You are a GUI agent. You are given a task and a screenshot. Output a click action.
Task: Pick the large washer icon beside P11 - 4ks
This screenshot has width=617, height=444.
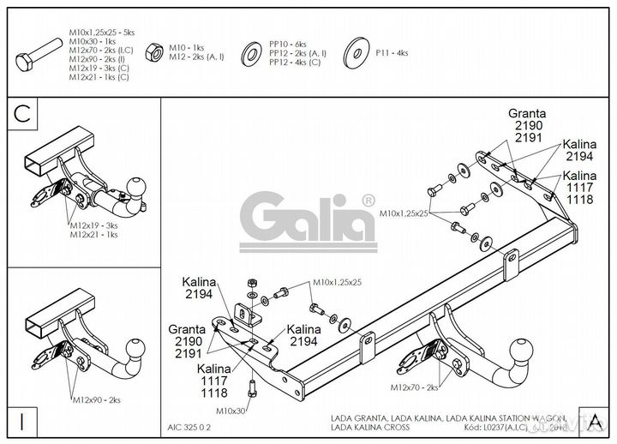click(x=355, y=53)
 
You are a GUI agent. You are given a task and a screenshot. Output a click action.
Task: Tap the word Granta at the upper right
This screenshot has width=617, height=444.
click(x=527, y=112)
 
